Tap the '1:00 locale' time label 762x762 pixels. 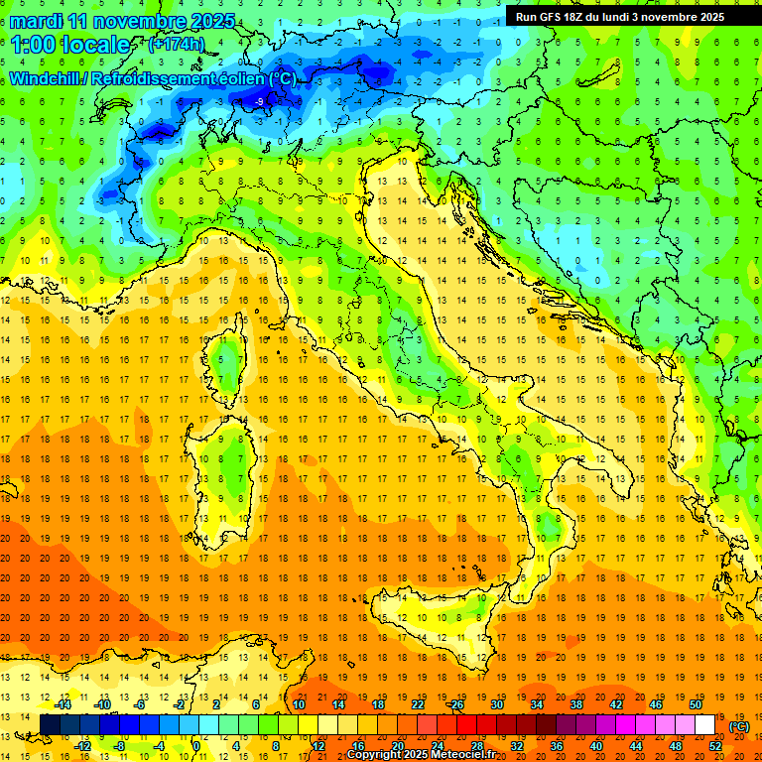[70, 45]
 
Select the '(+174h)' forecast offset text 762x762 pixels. [176, 45]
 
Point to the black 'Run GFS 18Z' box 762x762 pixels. [619, 16]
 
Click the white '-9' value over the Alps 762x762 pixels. [259, 101]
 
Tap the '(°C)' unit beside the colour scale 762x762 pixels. [739, 726]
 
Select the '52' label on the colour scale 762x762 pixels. [715, 746]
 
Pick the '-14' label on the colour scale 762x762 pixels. [63, 704]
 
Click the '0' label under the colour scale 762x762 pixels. [196, 746]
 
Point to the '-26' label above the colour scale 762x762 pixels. [456, 704]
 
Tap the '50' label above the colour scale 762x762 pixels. [696, 704]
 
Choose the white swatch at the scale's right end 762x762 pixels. [704, 725]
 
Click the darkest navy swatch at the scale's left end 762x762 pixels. [50, 725]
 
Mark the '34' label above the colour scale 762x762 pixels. [537, 704]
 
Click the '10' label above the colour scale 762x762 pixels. [299, 704]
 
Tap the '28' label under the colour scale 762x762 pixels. [477, 746]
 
